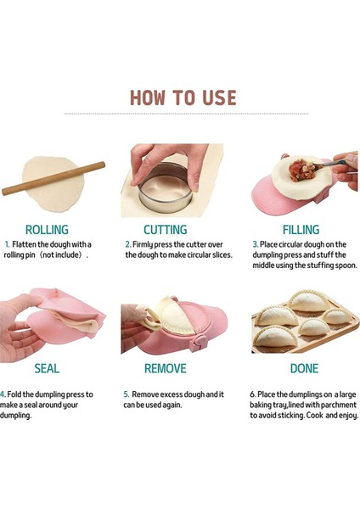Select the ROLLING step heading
coord(47,230)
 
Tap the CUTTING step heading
coord(166,230)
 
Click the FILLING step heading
coord(301,230)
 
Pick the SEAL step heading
coord(47,369)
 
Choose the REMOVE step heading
coord(166,369)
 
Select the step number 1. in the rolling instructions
coord(7,243)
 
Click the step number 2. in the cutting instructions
coord(128,243)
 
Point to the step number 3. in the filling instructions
coord(255,243)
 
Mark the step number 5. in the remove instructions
coord(127,394)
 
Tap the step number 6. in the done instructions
coord(253,394)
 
